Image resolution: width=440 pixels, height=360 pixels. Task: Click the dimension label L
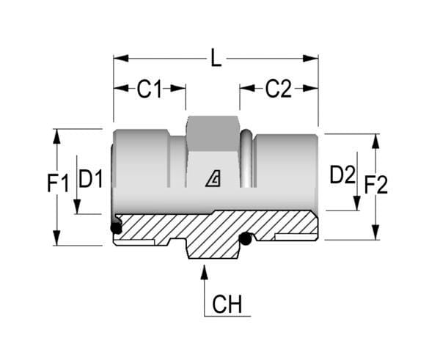point(216,58)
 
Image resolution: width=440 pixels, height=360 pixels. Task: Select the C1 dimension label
point(150,89)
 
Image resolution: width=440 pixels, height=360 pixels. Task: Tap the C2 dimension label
point(279,89)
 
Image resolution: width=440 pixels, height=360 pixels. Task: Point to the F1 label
point(58,183)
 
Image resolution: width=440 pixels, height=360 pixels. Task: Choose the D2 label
point(342,175)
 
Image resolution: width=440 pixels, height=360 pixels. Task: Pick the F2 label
point(376,185)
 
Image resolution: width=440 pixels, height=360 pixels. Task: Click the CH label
point(227,304)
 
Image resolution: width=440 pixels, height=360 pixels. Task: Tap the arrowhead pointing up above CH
point(205,272)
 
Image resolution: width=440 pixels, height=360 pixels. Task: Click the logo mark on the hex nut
point(213,179)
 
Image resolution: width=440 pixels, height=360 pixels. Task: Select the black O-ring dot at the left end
point(116,228)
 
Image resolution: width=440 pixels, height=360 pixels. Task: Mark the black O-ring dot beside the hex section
point(246,239)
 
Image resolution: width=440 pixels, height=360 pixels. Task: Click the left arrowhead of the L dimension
point(121,59)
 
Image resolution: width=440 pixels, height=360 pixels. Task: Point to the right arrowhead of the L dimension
point(310,59)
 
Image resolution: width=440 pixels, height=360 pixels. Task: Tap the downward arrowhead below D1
point(77,207)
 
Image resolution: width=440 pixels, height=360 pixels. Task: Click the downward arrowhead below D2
point(357,203)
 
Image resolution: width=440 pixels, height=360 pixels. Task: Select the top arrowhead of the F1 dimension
point(57,136)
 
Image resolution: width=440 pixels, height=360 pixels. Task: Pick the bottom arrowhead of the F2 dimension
point(375,232)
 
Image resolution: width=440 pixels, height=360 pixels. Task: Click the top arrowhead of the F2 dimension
point(375,141)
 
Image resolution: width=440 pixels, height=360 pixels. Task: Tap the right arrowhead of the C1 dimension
point(178,88)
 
